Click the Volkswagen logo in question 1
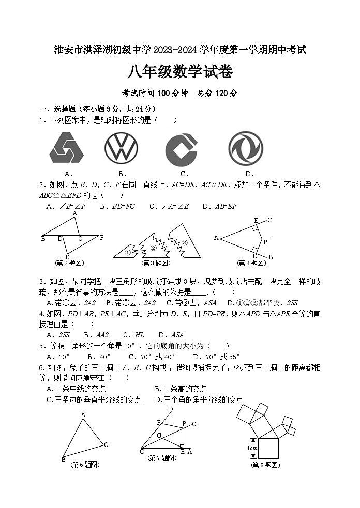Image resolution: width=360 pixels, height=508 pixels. (121, 148)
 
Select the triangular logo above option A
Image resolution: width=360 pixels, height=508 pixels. (66, 148)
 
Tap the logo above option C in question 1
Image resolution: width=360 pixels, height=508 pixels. (182, 149)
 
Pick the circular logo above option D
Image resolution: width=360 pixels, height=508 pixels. (246, 148)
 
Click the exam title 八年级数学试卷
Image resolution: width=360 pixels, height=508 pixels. (180, 72)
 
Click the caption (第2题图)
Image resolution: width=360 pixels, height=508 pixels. (70, 263)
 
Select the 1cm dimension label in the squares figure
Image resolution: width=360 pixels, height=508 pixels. (252, 448)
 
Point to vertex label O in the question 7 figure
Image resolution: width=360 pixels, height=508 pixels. (142, 452)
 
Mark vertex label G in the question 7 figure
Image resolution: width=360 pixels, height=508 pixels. (159, 436)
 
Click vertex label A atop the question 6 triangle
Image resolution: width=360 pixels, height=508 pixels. (82, 414)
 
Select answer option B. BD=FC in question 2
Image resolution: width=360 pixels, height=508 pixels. (116, 206)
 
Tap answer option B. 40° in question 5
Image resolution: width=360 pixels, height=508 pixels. (99, 357)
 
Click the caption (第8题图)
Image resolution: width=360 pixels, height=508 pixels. (265, 465)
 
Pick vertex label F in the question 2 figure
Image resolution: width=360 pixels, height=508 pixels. (101, 238)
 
